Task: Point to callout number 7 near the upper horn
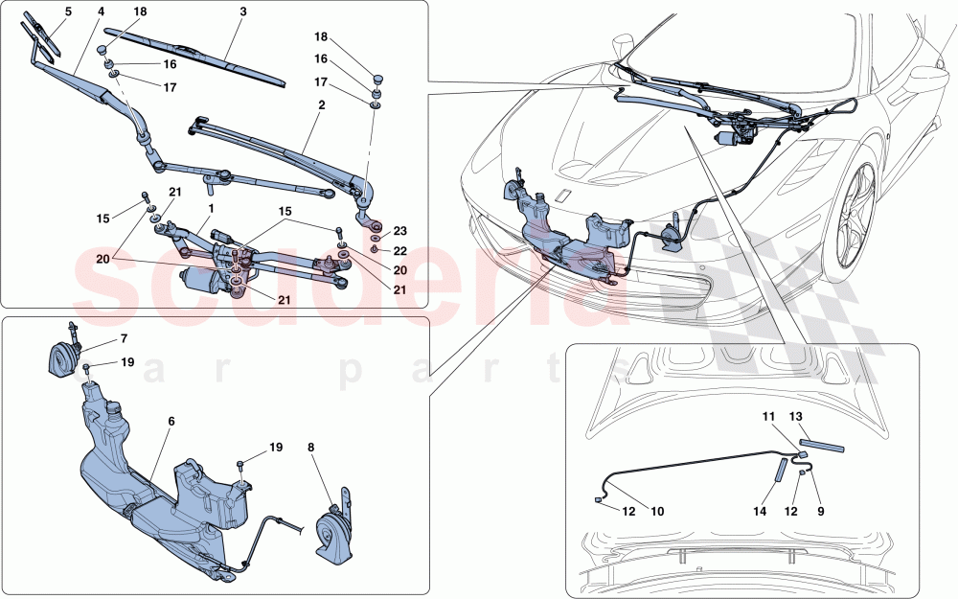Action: (124, 339)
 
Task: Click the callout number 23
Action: (400, 230)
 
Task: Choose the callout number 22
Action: (400, 250)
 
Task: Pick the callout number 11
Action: (767, 417)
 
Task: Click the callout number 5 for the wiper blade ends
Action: (68, 12)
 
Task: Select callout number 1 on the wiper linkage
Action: (211, 207)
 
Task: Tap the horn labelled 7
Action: (65, 361)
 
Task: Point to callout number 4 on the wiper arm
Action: (101, 12)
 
